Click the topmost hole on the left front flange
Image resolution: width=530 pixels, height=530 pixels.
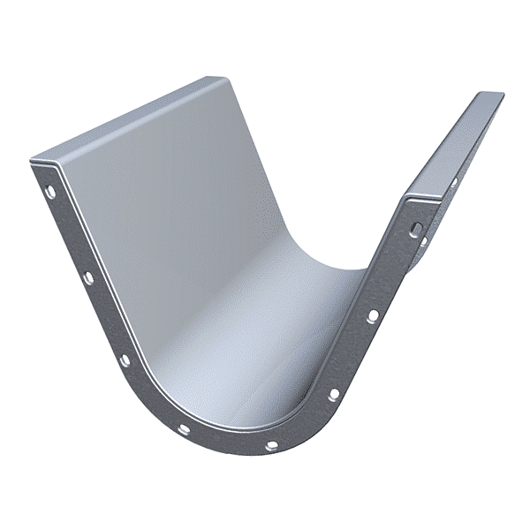pyautogui.click(x=50, y=191)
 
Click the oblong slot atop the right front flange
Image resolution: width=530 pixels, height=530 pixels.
pyautogui.click(x=414, y=228)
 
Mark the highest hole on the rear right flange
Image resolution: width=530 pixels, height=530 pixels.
pyautogui.click(x=455, y=183)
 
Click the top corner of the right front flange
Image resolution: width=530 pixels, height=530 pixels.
pyautogui.click(x=408, y=200)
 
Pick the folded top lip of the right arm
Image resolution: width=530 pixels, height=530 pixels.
pyautogui.click(x=450, y=141)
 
